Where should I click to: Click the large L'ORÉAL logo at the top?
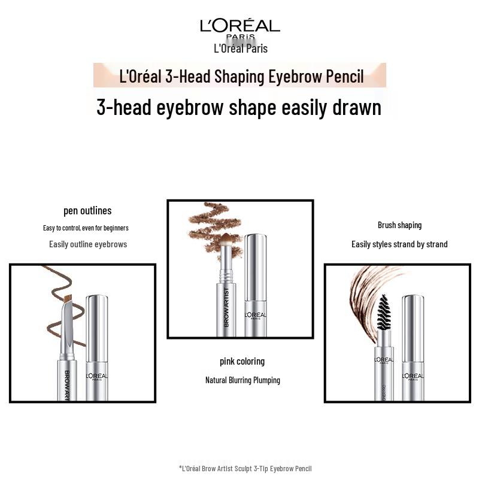pyautogui.click(x=240, y=28)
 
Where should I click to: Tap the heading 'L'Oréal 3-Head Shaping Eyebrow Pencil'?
pyautogui.click(x=241, y=77)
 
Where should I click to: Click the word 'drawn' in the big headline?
pyautogui.click(x=357, y=108)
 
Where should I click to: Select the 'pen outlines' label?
pyautogui.click(x=87, y=211)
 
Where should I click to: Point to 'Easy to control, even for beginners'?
pyautogui.click(x=86, y=228)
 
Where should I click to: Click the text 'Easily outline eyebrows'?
pyautogui.click(x=88, y=244)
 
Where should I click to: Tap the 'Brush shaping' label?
pyautogui.click(x=399, y=226)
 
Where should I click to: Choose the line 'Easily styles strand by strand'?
pyautogui.click(x=399, y=244)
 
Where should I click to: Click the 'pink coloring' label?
pyautogui.click(x=242, y=362)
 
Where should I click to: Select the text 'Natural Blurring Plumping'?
pyautogui.click(x=242, y=380)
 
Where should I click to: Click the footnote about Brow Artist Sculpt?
pyautogui.click(x=245, y=468)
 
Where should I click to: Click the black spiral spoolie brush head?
pyautogui.click(x=384, y=312)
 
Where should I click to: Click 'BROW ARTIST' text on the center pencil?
pyautogui.click(x=226, y=307)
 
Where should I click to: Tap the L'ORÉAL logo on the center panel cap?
pyautogui.click(x=256, y=316)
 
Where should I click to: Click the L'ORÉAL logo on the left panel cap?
pyautogui.click(x=96, y=377)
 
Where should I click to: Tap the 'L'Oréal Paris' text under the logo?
pyautogui.click(x=241, y=48)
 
